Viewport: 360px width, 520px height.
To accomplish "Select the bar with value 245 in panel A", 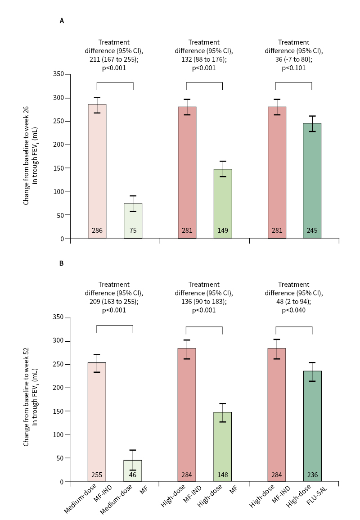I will coord(312,180).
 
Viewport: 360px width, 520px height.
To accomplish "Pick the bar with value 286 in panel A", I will coord(97,171).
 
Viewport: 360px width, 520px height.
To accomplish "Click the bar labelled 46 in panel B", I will coord(133,470).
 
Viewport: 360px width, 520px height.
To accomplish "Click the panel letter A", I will coord(62,21).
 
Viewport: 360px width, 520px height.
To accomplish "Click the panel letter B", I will coord(62,264).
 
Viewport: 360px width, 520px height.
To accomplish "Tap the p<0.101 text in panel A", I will coord(293,68).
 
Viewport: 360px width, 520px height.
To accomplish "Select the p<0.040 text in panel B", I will coord(293,310).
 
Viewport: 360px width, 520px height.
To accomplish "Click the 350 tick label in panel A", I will coord(59,74).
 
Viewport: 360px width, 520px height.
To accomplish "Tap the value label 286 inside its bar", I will coord(97,231).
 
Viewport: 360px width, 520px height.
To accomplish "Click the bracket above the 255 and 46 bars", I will coord(115,325).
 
